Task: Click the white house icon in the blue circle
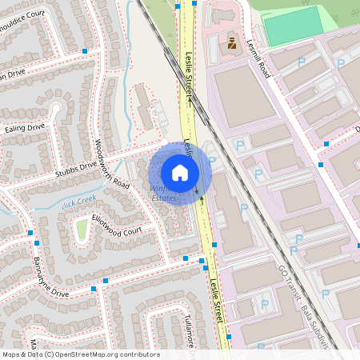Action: pos(180,172)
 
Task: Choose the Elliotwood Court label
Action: pos(116,223)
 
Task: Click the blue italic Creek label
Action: pos(80,198)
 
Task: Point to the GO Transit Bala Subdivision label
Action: pos(307,304)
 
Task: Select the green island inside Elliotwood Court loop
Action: pos(80,231)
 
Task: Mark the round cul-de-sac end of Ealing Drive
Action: pos(56,107)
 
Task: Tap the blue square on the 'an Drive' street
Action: pos(84,51)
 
